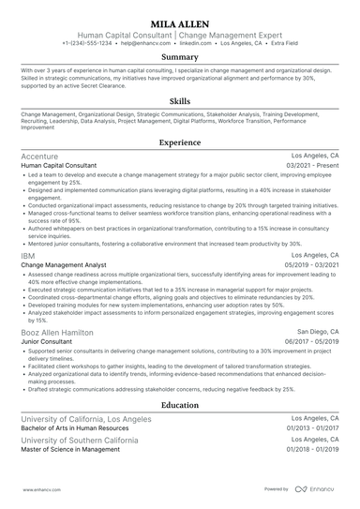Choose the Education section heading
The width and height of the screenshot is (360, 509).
179,404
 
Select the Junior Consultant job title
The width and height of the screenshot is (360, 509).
44,342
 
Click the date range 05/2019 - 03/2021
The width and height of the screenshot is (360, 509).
316,265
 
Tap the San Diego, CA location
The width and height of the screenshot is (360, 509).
319,332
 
